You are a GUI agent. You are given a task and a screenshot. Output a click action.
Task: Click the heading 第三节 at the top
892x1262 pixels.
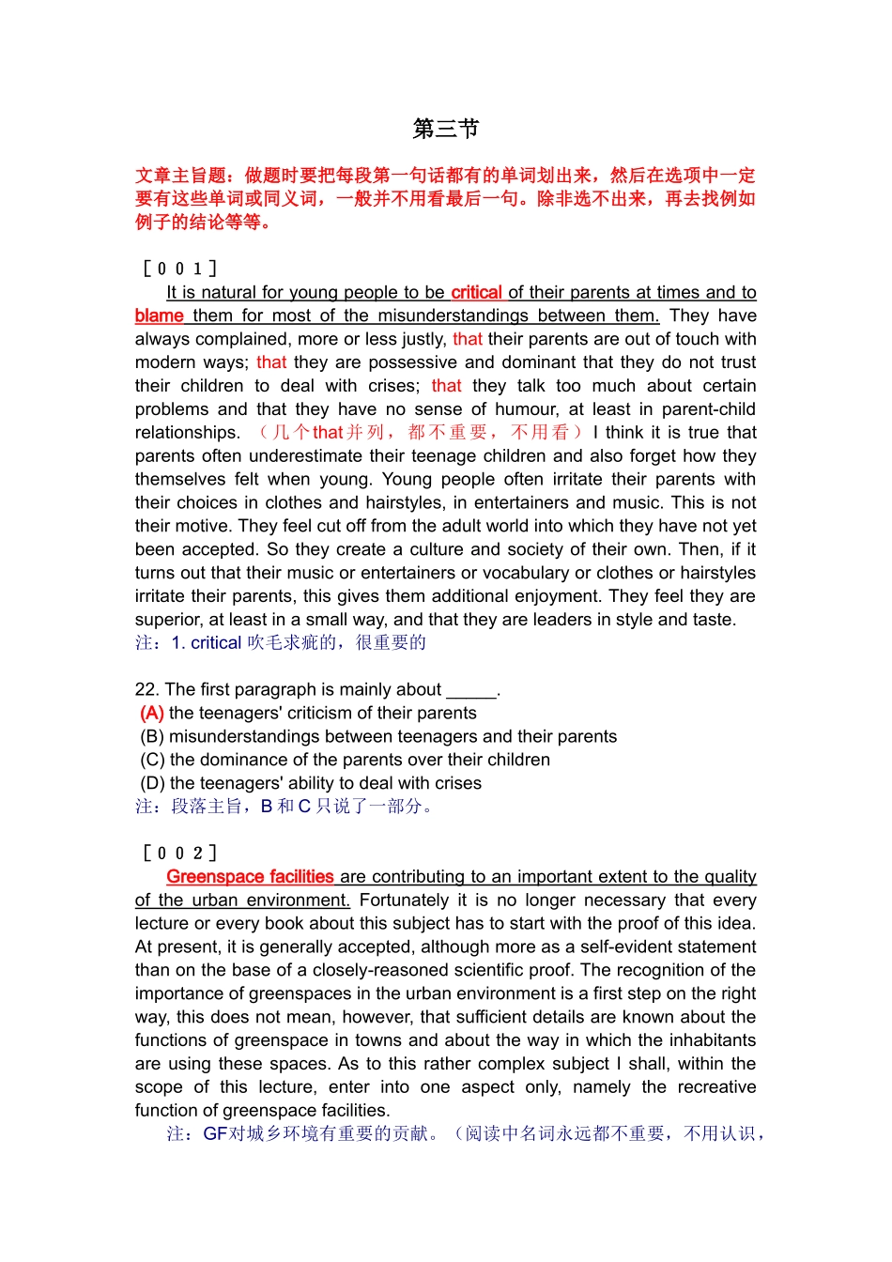446,129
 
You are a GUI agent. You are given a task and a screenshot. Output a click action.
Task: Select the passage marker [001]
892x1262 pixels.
179,269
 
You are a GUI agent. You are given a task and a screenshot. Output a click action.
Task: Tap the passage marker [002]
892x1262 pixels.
179,853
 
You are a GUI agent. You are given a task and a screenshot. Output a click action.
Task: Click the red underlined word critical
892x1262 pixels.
476,292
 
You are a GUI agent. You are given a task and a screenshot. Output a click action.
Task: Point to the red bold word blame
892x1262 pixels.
159,315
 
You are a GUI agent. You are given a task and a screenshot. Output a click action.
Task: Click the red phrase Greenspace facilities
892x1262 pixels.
250,876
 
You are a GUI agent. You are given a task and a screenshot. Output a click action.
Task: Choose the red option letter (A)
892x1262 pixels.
152,713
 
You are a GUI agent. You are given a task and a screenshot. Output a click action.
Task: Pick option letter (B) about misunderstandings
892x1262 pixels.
152,736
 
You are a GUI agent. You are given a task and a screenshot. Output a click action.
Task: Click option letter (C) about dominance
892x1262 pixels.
152,760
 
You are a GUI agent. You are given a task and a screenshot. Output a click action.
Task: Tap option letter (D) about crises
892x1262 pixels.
152,783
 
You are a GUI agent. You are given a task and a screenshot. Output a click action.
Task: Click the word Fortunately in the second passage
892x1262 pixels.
410,900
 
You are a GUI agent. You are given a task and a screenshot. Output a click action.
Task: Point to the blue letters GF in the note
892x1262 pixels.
215,1133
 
